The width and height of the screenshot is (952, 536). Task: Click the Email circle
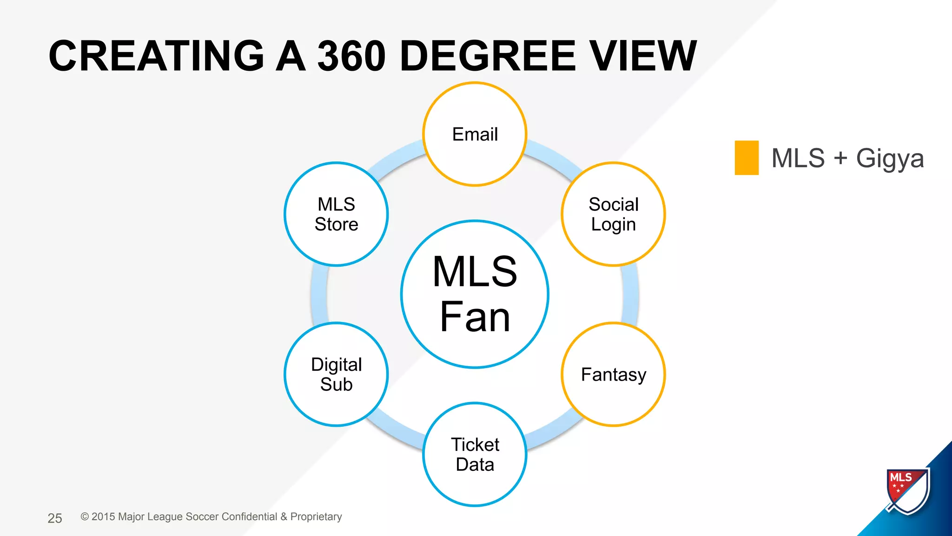pyautogui.click(x=475, y=134)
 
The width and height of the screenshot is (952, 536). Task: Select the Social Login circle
pyautogui.click(x=613, y=214)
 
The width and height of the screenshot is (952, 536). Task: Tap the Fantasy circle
pyautogui.click(x=613, y=374)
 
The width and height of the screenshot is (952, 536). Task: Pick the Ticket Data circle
pyautogui.click(x=475, y=454)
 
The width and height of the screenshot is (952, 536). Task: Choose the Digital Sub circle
pyautogui.click(x=336, y=374)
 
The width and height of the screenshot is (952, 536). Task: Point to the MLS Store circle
pyautogui.click(x=336, y=214)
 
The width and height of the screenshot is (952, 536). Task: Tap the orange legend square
pyautogui.click(x=747, y=158)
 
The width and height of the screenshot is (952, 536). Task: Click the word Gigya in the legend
pyautogui.click(x=890, y=159)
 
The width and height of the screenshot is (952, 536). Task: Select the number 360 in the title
pyautogui.click(x=351, y=56)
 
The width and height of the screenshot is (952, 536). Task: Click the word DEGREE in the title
pyautogui.click(x=488, y=56)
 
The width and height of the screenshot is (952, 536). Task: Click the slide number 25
pyautogui.click(x=55, y=518)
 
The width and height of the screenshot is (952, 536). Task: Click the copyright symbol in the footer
pyautogui.click(x=85, y=517)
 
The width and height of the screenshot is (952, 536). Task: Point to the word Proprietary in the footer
pyautogui.click(x=316, y=517)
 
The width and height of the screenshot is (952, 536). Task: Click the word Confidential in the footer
pyautogui.click(x=249, y=517)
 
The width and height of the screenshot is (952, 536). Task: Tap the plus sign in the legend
pyautogui.click(x=840, y=158)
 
